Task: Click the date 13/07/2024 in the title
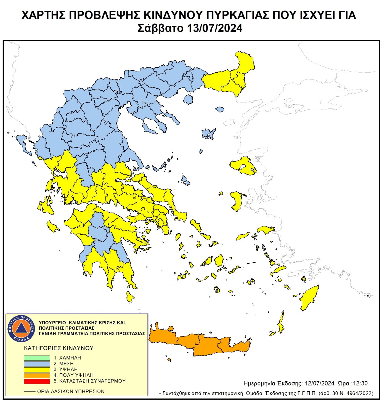[x=214, y=28]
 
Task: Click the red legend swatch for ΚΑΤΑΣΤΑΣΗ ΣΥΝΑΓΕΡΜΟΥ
[x=37, y=381]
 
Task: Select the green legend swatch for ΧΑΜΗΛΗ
[x=37, y=358]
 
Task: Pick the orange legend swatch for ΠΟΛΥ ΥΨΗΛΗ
[x=37, y=375]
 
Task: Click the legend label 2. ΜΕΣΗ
[x=63, y=364]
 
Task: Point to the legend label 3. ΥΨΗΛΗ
[x=65, y=370]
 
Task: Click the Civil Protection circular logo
[x=21, y=328]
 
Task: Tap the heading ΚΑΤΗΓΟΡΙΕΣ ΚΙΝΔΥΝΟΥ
[x=59, y=348]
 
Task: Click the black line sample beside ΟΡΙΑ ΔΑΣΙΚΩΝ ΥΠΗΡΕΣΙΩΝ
[x=30, y=391]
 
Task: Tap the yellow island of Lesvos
[x=243, y=166]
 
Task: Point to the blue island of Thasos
[x=188, y=99]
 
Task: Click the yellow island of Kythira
[x=130, y=297]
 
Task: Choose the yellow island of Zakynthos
[x=52, y=227]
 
